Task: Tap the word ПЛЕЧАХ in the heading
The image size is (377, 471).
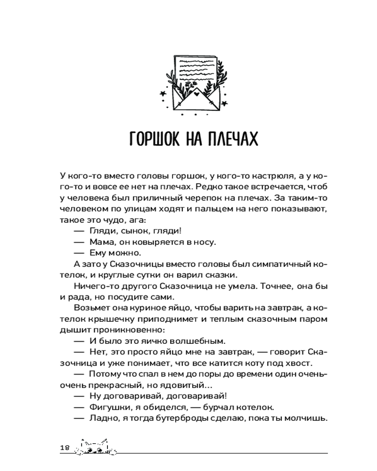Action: coord(231,140)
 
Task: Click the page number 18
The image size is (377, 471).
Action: coord(65,447)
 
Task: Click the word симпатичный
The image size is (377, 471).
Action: coord(270,265)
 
